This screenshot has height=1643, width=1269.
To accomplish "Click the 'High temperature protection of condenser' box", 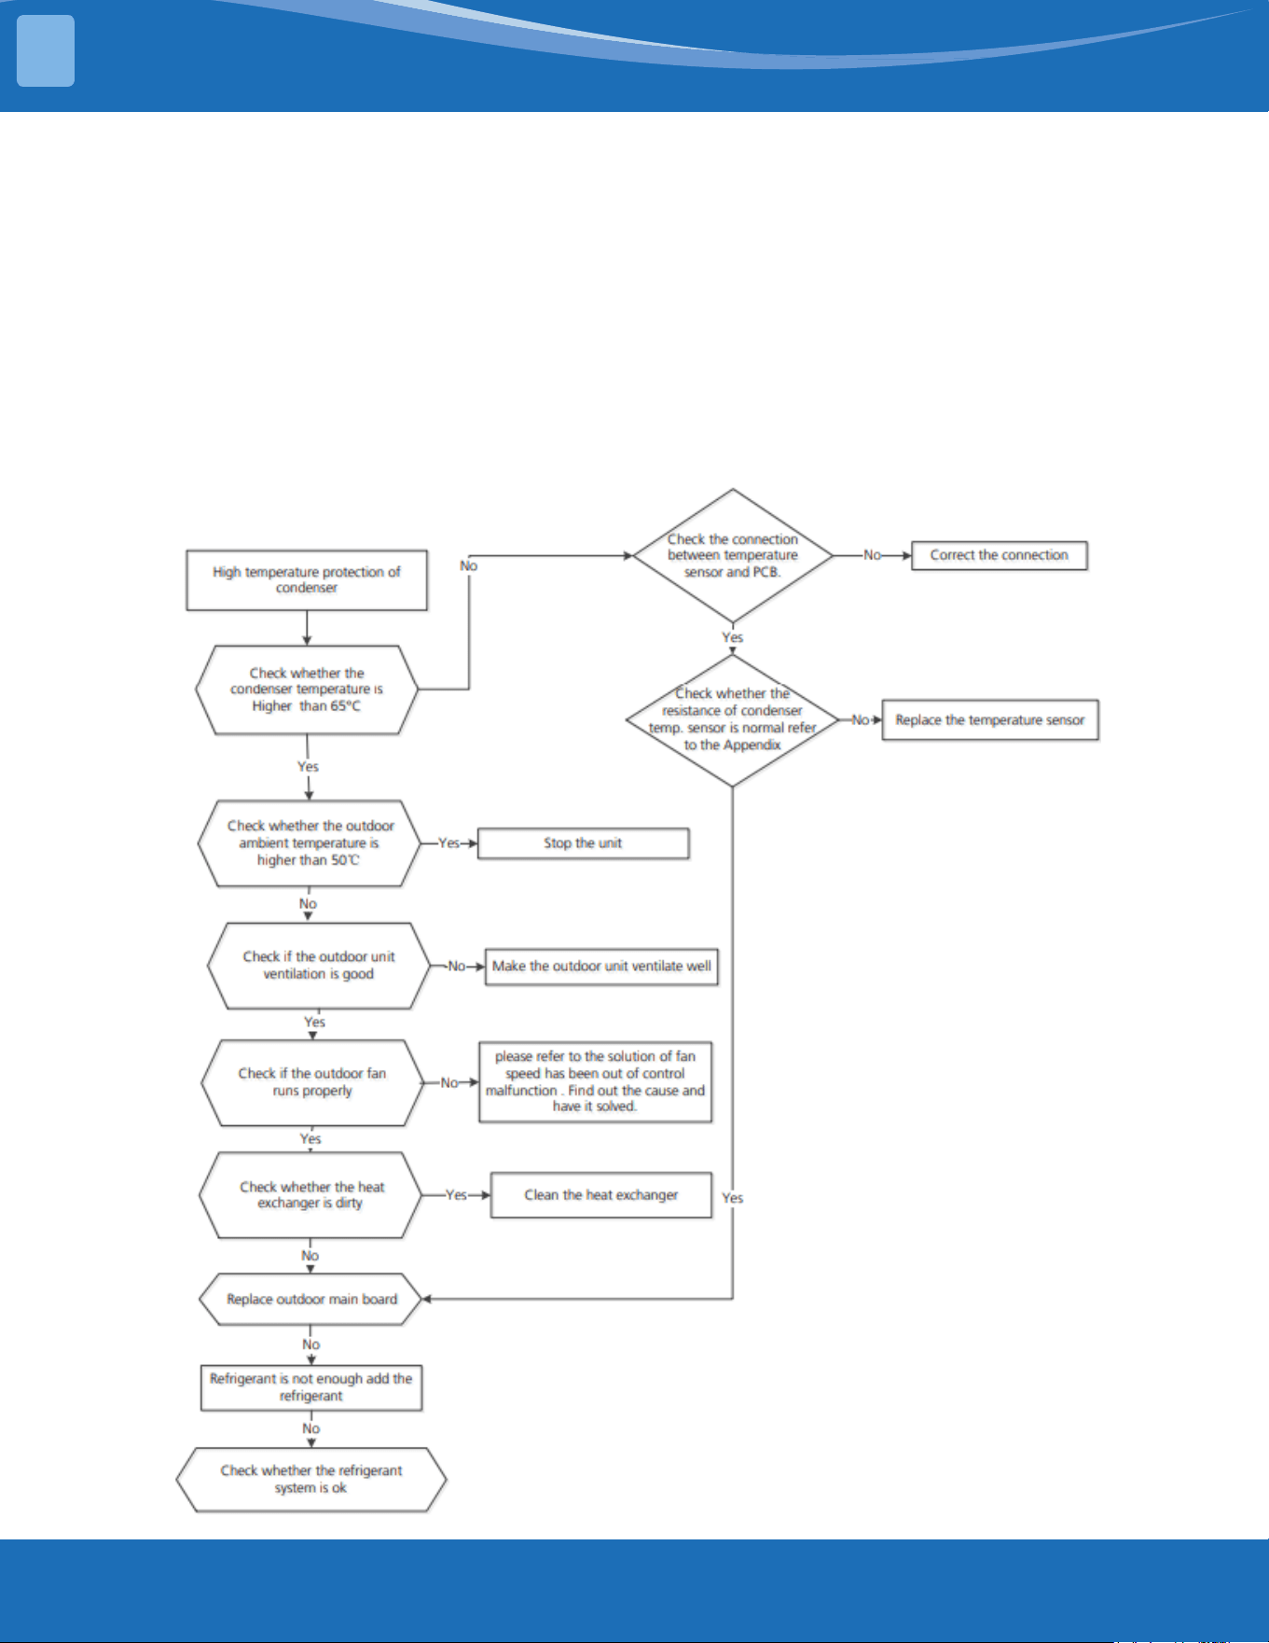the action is tap(307, 580).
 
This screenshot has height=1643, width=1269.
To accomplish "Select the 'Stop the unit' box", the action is tap(584, 843).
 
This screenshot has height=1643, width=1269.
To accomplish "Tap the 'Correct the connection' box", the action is tap(1000, 555).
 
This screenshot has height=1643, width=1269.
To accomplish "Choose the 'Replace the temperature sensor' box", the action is tap(990, 720).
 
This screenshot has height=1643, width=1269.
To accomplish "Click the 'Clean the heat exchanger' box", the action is tap(601, 1195).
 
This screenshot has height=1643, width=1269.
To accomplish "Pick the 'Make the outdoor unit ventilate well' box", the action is tap(601, 967).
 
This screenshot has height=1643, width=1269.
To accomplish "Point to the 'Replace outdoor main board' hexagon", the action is tap(311, 1300).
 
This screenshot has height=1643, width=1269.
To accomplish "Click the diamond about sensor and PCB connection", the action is tap(733, 556).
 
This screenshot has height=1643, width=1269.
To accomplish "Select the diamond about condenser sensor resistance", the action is tap(733, 720).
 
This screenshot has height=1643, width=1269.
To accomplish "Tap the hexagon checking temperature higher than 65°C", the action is tap(307, 690).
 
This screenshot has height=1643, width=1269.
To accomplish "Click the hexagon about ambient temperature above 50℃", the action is tap(310, 843).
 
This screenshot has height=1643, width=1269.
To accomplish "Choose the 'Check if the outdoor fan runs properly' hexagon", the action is tap(312, 1083).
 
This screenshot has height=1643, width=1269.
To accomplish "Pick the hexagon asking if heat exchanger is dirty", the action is tap(311, 1195).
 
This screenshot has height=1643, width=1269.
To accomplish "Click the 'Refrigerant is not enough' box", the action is tap(311, 1387).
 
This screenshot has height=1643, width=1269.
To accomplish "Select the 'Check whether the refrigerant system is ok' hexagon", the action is tap(311, 1480).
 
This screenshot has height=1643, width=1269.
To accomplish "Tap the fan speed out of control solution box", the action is tap(596, 1082).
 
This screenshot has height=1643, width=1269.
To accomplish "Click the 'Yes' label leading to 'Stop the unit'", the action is tap(449, 843).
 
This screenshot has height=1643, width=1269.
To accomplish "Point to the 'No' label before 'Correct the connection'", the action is tap(872, 555).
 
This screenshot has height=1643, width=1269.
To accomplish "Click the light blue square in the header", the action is tap(46, 50).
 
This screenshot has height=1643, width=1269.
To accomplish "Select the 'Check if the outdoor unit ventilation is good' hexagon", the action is tap(319, 966).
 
